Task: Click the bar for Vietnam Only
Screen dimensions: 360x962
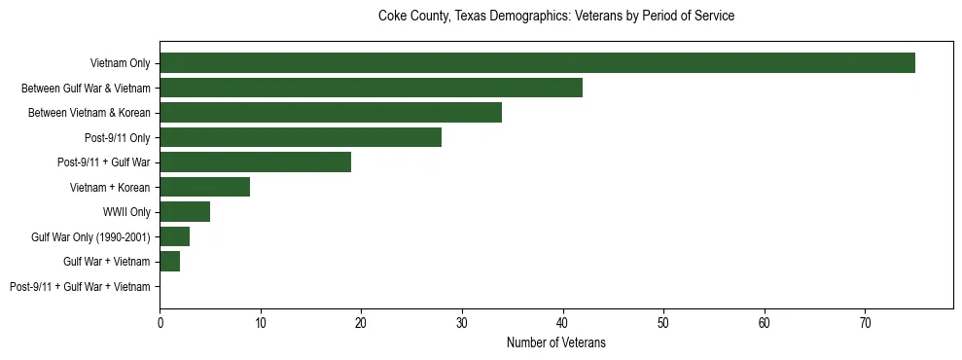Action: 537,63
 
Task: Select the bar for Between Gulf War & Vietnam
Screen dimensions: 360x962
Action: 371,88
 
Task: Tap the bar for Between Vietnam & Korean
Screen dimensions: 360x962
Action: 331,113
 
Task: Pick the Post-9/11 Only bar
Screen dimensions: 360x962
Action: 301,137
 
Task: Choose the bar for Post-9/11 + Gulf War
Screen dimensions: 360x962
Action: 255,162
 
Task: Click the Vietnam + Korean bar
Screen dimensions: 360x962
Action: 205,187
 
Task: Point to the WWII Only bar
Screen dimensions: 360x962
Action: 185,212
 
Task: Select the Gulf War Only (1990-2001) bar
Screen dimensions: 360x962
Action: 175,236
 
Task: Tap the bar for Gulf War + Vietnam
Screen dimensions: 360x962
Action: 170,262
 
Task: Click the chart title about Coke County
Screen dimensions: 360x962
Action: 555,17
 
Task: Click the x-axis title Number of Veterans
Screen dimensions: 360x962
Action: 555,342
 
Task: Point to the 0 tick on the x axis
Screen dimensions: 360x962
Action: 160,322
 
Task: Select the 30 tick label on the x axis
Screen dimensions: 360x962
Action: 462,322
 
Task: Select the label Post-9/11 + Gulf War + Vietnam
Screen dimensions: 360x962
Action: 80,287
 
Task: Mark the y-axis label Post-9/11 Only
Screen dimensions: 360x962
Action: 118,137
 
